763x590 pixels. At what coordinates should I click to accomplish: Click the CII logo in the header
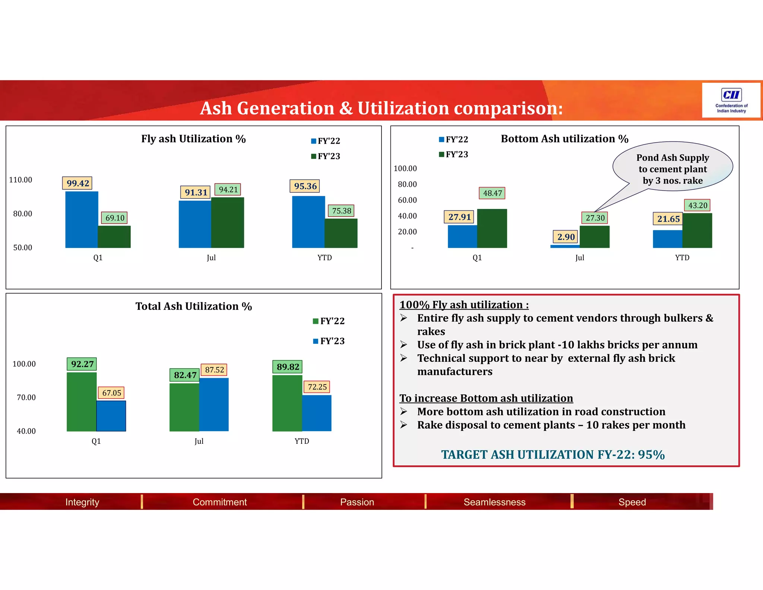pos(731,100)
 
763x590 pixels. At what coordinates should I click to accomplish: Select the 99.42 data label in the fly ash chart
pos(77,183)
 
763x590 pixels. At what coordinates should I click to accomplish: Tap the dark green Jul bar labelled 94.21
pos(228,223)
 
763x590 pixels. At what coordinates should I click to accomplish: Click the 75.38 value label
pos(342,211)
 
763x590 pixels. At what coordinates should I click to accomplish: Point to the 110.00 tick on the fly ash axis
pos(20,180)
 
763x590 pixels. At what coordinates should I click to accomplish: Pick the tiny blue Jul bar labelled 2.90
pos(565,246)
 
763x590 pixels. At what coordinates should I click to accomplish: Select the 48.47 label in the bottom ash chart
pos(492,193)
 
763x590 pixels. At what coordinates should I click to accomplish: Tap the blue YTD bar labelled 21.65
pos(668,239)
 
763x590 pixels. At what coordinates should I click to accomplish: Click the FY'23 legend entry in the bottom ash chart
pos(454,154)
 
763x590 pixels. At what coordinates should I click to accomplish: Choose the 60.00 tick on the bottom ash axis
pos(407,200)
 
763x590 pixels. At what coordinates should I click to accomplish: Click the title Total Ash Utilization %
pos(194,306)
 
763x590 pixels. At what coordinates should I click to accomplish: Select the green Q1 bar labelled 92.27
pos(82,402)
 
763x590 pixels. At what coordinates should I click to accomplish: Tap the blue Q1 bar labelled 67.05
pos(111,416)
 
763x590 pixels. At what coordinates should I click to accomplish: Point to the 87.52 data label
pos(215,370)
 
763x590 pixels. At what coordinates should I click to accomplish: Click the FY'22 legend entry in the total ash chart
pos(329,321)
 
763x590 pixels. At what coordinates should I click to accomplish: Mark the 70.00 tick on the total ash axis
pos(26,398)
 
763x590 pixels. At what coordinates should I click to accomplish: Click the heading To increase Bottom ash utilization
pos(486,398)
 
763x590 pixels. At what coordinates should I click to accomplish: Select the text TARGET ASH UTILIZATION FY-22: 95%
pos(553,455)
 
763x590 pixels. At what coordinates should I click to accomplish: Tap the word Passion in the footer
pos(357,502)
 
